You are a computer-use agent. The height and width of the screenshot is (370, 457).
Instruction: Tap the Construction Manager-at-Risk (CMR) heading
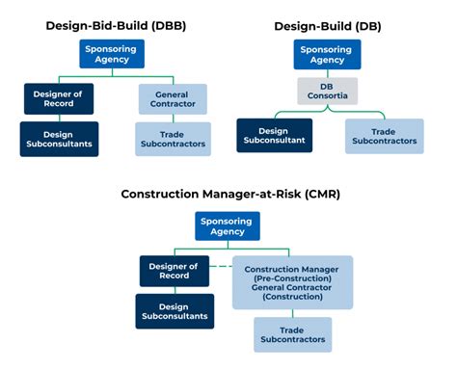(x=230, y=194)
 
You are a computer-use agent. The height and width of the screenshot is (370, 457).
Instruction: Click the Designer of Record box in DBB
(x=59, y=98)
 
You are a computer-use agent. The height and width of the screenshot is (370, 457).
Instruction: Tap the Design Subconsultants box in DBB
(x=59, y=138)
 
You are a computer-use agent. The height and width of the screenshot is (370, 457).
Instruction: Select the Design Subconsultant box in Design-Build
(x=274, y=135)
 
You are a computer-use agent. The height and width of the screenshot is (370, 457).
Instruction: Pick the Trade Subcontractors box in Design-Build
(x=384, y=135)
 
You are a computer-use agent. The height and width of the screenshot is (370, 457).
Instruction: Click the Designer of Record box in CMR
(x=174, y=271)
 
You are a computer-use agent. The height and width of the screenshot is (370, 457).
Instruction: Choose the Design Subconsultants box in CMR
(x=174, y=311)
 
